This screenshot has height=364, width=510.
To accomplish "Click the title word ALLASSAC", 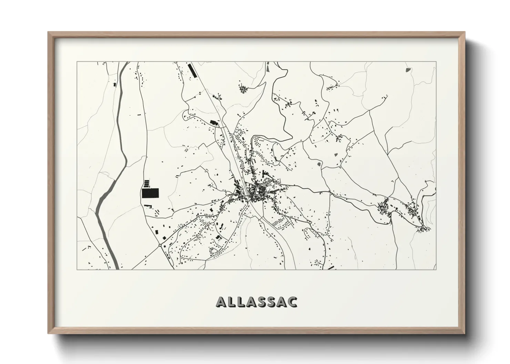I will coord(257,301).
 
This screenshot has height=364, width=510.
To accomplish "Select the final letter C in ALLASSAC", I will coord(293,302).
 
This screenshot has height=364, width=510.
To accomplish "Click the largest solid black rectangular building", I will coord(150,193).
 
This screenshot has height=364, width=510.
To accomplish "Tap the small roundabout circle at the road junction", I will coord(160,245).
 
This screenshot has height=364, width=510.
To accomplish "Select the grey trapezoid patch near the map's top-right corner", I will coord(409,70).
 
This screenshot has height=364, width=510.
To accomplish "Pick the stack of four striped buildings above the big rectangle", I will coord(147,182).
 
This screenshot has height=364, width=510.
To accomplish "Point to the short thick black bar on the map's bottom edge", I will coord(331,267).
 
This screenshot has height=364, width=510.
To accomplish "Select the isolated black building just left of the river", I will coord(115,84).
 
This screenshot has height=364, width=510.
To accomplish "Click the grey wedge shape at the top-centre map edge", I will coord(268,68).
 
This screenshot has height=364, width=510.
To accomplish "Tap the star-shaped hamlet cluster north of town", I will coord(243,89).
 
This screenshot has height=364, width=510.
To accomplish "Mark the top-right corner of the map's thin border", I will coord(436,62).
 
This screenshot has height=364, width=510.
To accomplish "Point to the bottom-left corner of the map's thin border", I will coord(77,269).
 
